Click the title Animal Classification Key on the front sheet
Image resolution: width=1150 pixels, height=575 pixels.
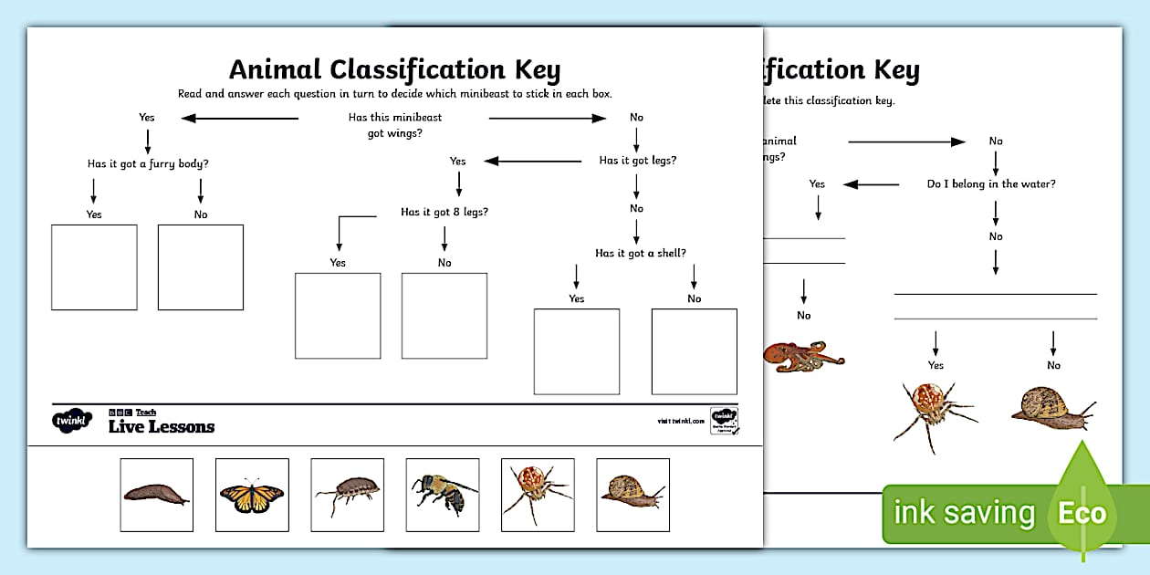click(x=394, y=70)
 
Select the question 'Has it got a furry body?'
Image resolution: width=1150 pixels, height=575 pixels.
click(x=141, y=163)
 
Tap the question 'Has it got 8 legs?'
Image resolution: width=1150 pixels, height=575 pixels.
click(x=444, y=212)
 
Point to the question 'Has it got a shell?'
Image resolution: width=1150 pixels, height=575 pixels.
click(x=640, y=253)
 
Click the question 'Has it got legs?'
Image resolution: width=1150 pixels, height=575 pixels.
click(x=637, y=161)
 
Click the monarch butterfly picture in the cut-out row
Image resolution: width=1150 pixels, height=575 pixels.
click(x=252, y=495)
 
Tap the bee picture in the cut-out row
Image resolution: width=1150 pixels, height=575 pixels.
click(x=442, y=495)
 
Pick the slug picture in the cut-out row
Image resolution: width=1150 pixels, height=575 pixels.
click(x=156, y=495)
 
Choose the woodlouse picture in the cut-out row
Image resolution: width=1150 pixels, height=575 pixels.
click(x=347, y=495)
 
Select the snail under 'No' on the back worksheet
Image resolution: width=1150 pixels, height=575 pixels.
click(x=1052, y=408)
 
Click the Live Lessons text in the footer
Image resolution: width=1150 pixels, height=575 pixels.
click(x=162, y=426)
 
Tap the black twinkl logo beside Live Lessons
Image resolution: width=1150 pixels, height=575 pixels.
click(x=72, y=422)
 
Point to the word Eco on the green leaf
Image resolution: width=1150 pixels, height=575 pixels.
click(x=1082, y=513)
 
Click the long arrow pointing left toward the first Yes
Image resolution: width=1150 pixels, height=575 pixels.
click(x=239, y=118)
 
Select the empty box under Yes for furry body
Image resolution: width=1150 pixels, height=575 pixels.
click(x=94, y=267)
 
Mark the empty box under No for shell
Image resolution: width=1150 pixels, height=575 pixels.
click(x=694, y=351)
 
